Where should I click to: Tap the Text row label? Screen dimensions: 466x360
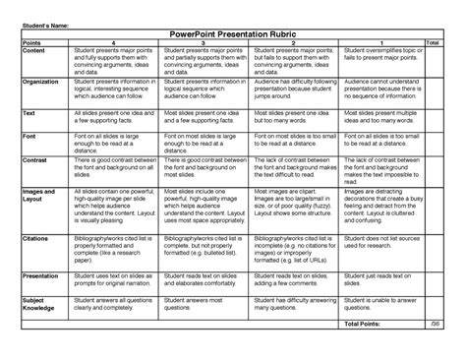point(29,114)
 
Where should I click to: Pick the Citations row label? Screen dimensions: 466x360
point(36,237)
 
